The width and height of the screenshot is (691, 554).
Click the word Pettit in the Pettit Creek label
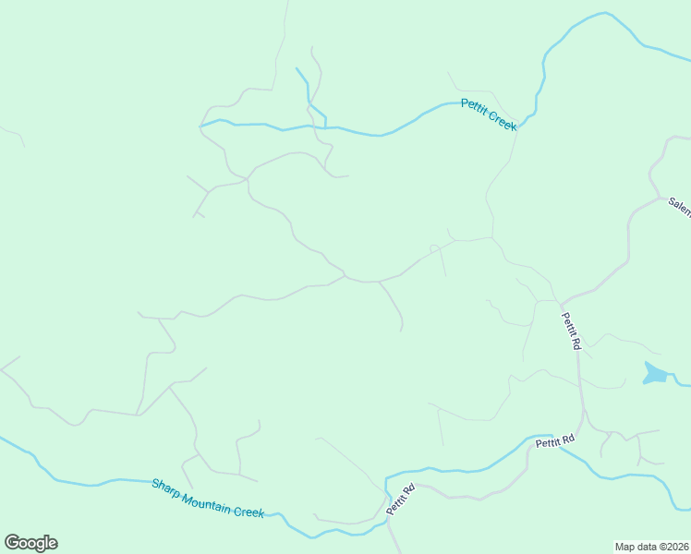click(x=476, y=110)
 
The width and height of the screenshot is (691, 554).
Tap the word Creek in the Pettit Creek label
click(x=503, y=122)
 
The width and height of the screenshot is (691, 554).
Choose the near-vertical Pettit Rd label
click(x=571, y=330)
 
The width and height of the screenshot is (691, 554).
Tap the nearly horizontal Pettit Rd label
click(x=554, y=442)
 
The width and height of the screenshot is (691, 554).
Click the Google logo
click(x=30, y=543)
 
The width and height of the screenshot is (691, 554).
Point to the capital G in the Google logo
click(x=11, y=542)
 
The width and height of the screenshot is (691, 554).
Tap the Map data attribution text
click(x=651, y=546)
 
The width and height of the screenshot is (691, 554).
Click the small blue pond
click(x=655, y=373)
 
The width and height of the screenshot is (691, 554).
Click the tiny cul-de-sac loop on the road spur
click(x=434, y=247)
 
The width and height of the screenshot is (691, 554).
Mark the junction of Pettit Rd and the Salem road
click(x=561, y=301)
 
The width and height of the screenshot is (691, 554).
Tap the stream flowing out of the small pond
click(x=680, y=381)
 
